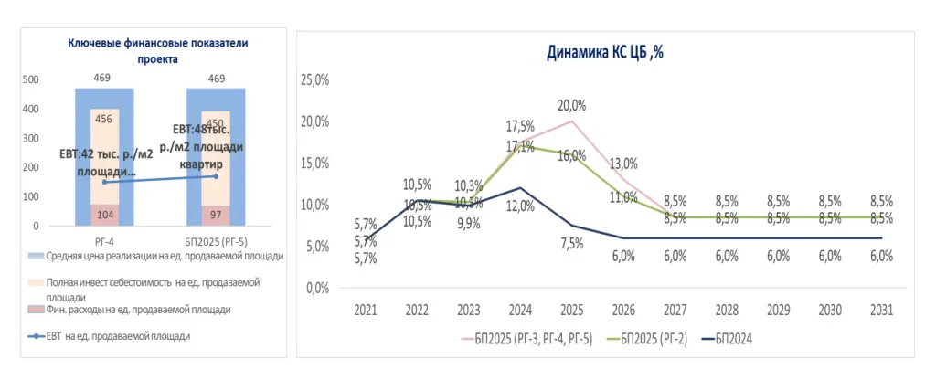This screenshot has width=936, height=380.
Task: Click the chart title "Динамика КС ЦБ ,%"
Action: point(604,53)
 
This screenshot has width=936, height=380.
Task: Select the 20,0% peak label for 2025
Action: point(571,104)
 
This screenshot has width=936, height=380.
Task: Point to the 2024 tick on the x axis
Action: point(519,308)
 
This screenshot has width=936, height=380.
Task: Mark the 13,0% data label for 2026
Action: point(623,164)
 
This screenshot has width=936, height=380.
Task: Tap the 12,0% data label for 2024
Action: point(519,206)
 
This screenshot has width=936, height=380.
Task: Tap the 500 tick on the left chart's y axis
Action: point(30,79)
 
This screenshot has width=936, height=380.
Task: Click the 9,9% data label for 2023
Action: point(469,225)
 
